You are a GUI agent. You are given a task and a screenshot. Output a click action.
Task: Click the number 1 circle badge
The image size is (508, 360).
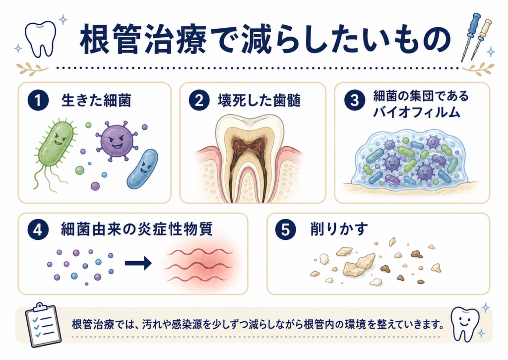click(38, 100)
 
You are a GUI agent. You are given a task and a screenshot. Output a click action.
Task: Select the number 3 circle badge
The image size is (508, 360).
click(354, 100)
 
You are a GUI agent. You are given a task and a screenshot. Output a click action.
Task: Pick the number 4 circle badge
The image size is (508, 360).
click(38, 229)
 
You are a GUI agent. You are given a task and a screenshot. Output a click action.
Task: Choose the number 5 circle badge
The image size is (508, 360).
click(285, 229)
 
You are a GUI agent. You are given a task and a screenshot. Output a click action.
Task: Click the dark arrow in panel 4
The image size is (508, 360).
click(138, 263)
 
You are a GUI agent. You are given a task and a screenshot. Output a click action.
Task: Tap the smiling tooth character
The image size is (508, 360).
click(465, 324)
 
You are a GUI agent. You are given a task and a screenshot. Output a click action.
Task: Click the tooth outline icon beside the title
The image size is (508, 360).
click(40, 38)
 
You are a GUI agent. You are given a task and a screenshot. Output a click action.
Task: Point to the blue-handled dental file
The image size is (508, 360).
click(470, 36)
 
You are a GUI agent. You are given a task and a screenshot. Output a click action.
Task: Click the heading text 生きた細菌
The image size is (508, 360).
click(96, 100)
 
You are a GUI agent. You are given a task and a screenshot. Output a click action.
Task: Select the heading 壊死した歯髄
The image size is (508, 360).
click(259, 100)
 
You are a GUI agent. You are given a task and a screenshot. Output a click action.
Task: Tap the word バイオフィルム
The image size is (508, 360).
click(417, 112)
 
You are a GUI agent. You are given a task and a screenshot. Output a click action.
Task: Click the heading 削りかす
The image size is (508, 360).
click(339, 229)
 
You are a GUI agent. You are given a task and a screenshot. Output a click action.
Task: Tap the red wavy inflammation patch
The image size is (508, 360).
click(201, 264)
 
